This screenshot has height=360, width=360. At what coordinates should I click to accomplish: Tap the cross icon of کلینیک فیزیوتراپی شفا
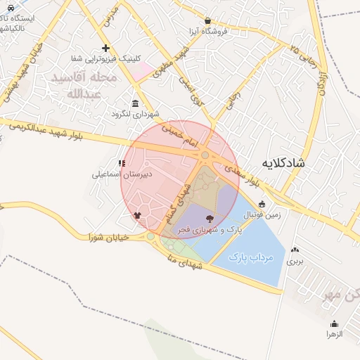point(105,48)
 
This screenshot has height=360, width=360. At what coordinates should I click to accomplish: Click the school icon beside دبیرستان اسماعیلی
point(122,163)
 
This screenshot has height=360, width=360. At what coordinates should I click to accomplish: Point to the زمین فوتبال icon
point(262,204)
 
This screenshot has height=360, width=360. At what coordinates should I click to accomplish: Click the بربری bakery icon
point(294,250)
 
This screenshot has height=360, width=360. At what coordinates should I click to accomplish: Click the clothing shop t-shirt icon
point(137,216)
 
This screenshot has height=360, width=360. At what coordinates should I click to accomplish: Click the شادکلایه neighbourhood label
point(283,163)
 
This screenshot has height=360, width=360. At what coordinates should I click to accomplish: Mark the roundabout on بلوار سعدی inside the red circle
point(205,155)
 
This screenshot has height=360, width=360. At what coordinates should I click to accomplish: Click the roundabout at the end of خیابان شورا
point(150,236)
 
